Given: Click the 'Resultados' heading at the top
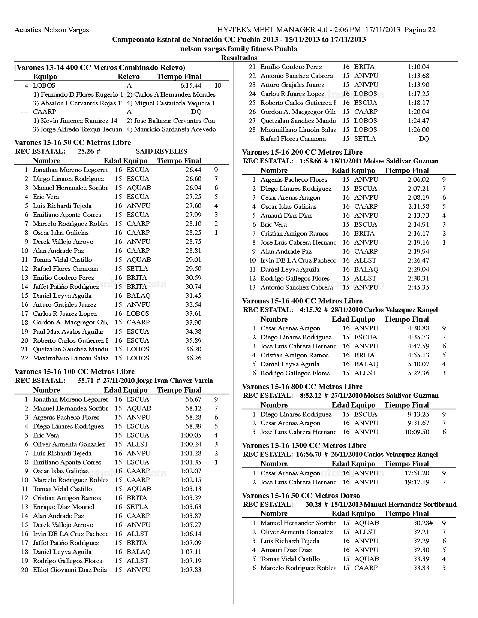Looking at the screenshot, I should pyautogui.click(x=239, y=58).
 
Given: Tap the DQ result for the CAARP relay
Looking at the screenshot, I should pyautogui.click(x=196, y=112).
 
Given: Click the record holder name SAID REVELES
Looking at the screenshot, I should pyautogui.click(x=161, y=151).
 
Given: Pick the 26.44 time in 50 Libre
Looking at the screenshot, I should pyautogui.click(x=193, y=170).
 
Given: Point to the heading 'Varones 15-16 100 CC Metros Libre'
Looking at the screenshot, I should pyautogui.click(x=74, y=372).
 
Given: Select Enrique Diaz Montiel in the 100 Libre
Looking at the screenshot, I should pyautogui.click(x=63, y=507).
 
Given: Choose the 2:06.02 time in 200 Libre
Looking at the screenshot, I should pyautogui.click(x=418, y=179).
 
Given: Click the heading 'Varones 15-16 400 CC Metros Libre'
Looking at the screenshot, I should pyautogui.click(x=302, y=301).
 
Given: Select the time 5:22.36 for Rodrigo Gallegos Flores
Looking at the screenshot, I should pyautogui.click(x=418, y=373).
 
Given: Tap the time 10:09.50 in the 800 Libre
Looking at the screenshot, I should pyautogui.click(x=417, y=432).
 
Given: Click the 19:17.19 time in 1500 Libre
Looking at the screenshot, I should pyautogui.click(x=417, y=482).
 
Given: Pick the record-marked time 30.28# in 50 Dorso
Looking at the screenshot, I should pyautogui.click(x=423, y=523).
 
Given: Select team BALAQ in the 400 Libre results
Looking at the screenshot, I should pyautogui.click(x=366, y=364).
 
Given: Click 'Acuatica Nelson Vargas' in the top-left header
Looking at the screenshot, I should pyautogui.click(x=51, y=30).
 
